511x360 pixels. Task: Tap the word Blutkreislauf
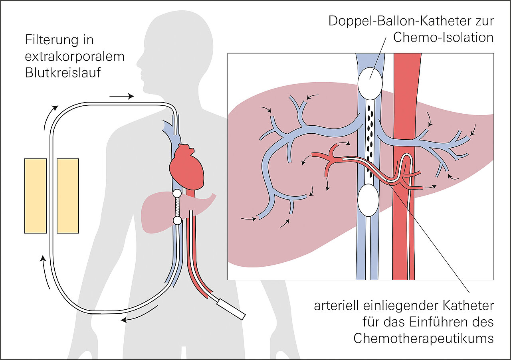tap(63, 73)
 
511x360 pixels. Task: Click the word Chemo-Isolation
tap(443, 38)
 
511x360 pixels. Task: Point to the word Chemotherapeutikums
tap(424, 338)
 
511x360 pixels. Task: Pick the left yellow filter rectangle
tap(36, 196)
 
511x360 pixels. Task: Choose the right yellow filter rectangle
tap(68, 196)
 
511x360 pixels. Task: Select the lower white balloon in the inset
tap(368, 200)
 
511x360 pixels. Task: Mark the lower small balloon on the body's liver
tap(177, 220)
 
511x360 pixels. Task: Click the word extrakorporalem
tap(75, 57)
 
